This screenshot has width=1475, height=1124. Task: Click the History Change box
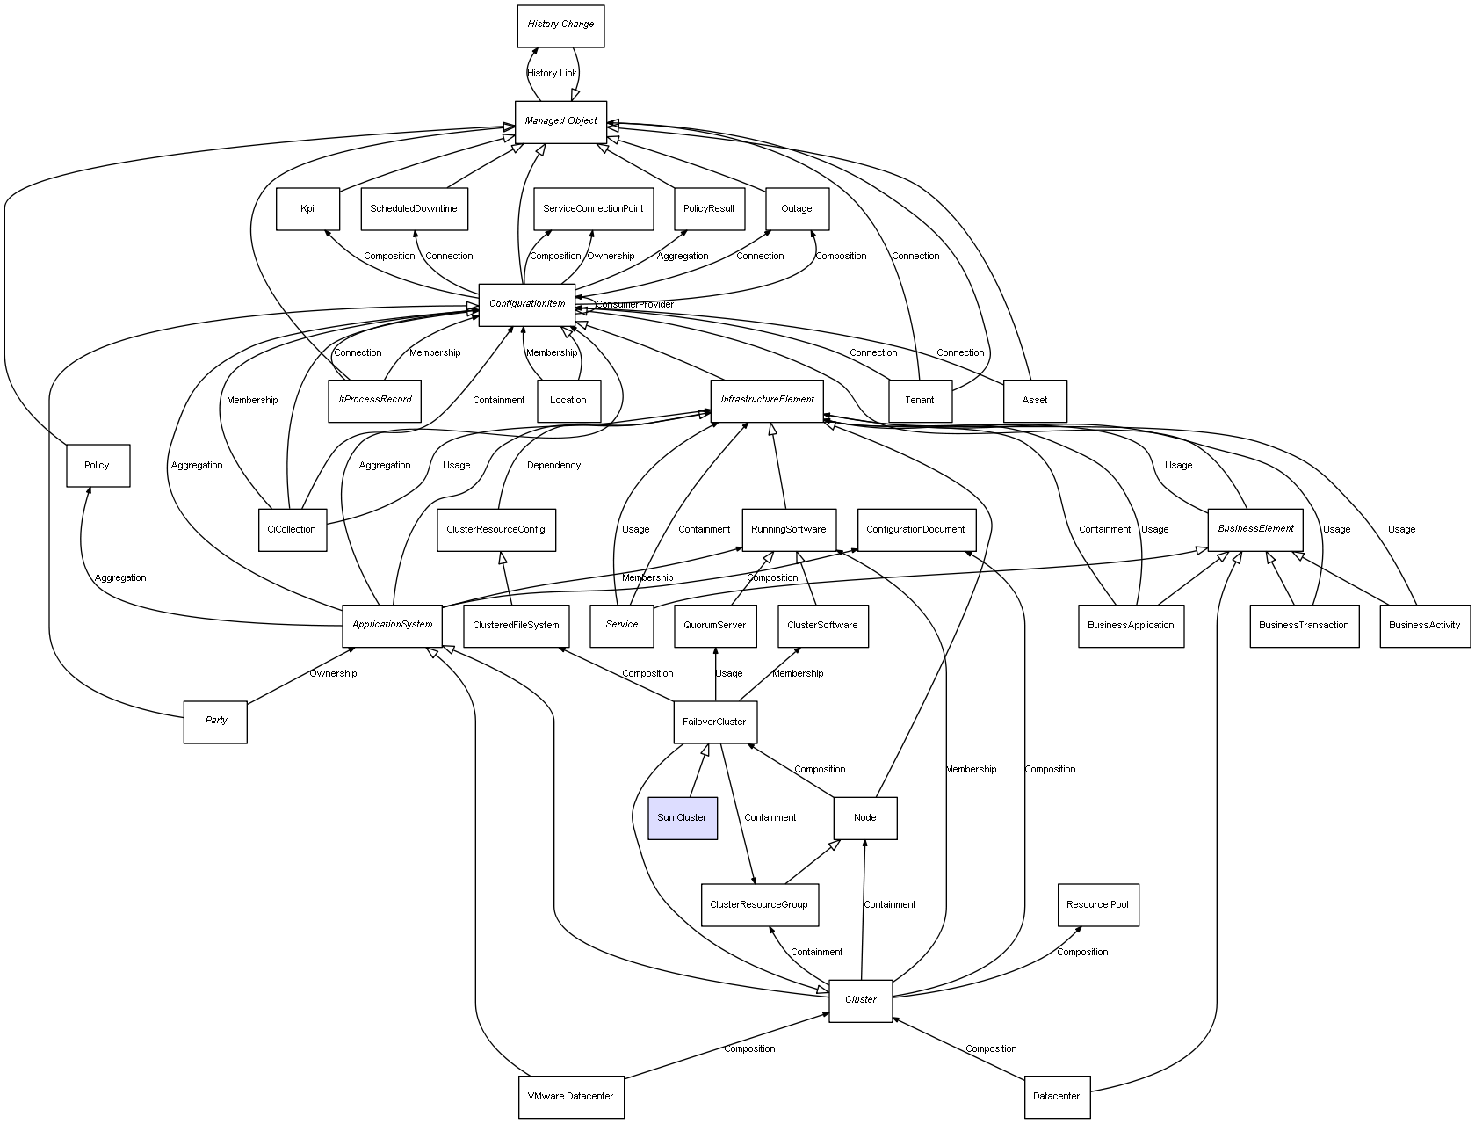pos(560,25)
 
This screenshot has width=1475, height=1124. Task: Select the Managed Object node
pos(560,121)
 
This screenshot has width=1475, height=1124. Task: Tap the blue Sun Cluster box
pos(682,818)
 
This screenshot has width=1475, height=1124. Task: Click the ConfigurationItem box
pos(527,304)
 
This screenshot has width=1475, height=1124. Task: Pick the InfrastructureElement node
pos(767,400)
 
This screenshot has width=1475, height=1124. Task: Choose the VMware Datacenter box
pos(571,1097)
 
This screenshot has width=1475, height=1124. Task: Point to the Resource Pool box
pos(1097,904)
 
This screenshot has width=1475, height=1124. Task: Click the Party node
pos(215,721)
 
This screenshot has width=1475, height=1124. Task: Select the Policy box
pos(98,465)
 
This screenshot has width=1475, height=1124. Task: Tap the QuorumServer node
pos(715,626)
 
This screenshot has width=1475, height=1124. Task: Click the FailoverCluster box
pos(714,722)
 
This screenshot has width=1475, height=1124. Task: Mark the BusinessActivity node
pos(1424,626)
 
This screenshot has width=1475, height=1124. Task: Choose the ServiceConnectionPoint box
pos(593,209)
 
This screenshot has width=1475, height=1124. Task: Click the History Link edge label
pos(553,74)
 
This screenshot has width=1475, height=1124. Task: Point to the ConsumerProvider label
pos(635,305)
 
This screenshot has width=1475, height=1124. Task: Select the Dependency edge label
pos(553,466)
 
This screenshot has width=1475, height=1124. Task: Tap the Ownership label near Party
pos(333,674)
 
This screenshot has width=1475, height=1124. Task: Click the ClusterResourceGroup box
pos(759,904)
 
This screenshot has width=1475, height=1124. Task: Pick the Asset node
pos(1035,401)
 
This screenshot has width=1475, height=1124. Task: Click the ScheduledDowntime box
pos(414,209)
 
